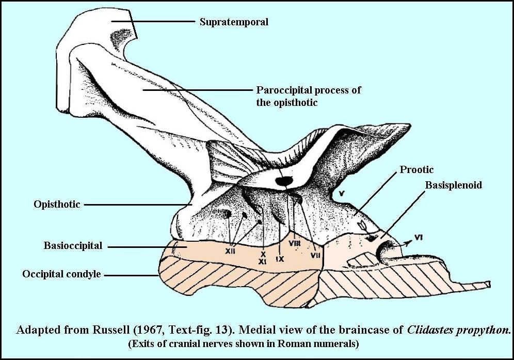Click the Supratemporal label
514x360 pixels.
tap(234, 22)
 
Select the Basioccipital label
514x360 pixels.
tap(73, 246)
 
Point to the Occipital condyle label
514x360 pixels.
tap(61, 274)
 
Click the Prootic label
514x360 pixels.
tap(417, 169)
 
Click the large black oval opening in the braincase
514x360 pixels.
tap(283, 181)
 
